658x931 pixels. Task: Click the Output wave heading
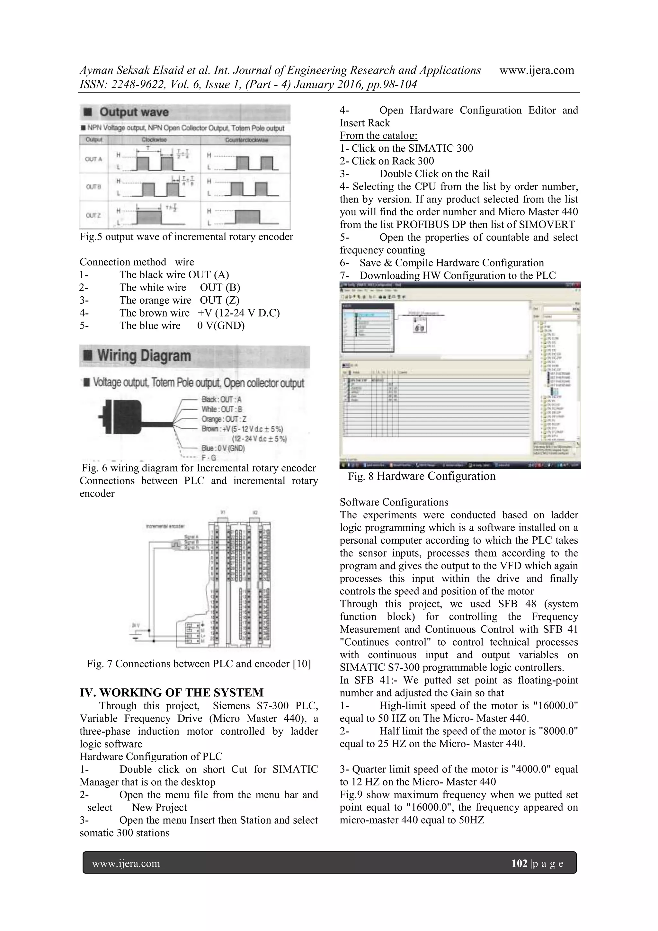tap(134, 112)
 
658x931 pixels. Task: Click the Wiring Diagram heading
tap(144, 356)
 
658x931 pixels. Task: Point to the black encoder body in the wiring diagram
tap(122, 416)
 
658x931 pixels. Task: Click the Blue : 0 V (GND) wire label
tap(223, 448)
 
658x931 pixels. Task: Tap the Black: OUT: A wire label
tap(221, 399)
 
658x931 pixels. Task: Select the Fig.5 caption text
tap(186, 237)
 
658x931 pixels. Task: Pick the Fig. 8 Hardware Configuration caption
tap(422, 476)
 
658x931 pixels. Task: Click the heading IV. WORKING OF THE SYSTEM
tap(172, 693)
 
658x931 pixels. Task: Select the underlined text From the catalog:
tap(378, 136)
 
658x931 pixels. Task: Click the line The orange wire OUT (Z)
tap(179, 300)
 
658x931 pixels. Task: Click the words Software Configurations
tap(394, 502)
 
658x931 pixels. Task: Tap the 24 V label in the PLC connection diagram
tap(135, 626)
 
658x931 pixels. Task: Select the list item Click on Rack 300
tap(387, 161)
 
